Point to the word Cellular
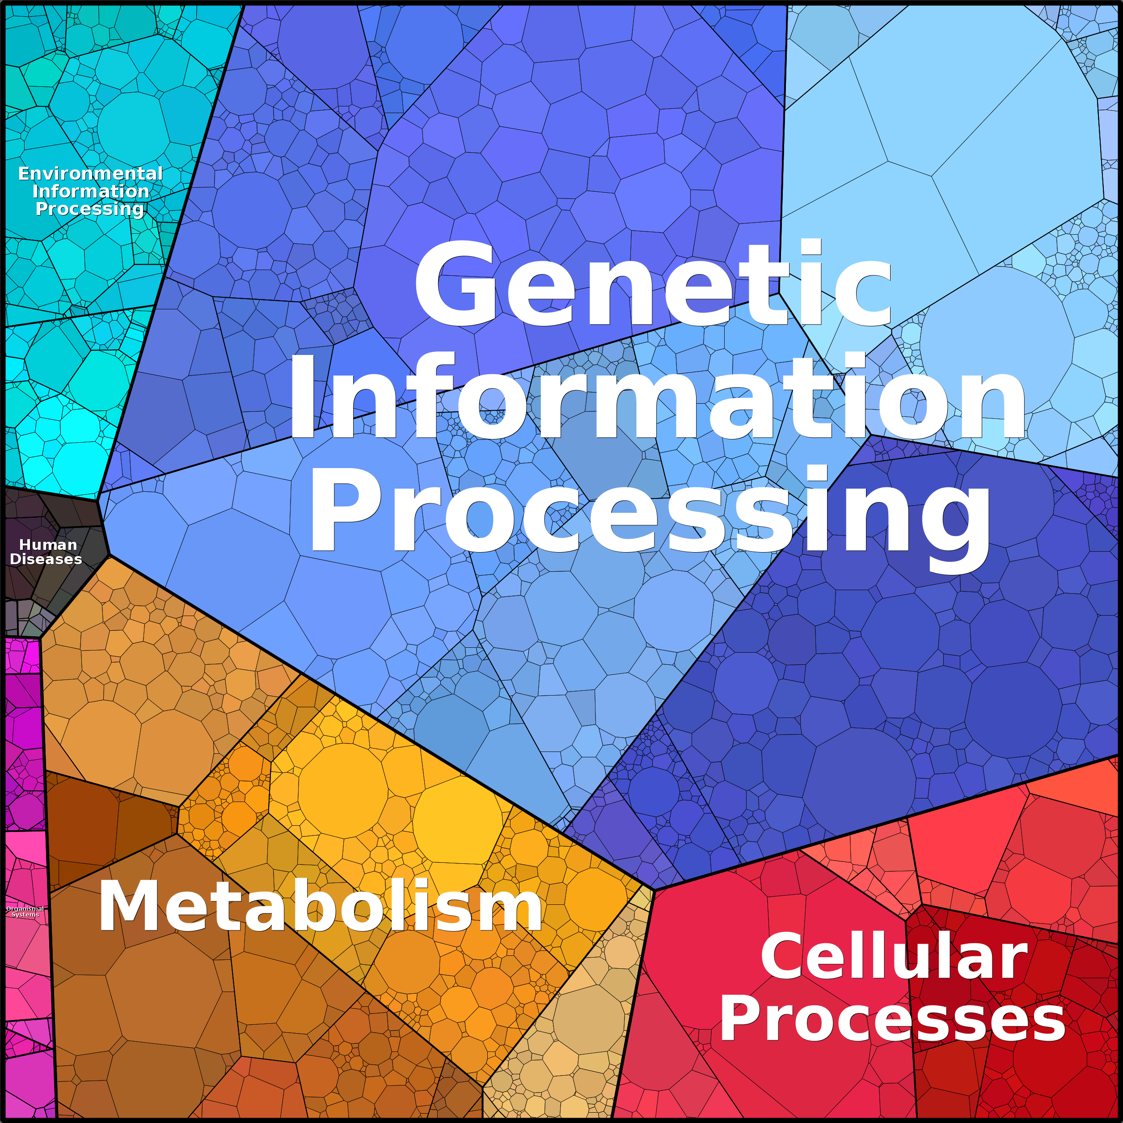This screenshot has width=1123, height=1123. [x=894, y=956]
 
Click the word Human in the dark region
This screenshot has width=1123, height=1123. [x=48, y=545]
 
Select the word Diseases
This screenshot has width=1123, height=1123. [x=46, y=559]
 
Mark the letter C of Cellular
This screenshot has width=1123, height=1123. [x=782, y=956]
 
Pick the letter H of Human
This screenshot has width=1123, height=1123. [x=25, y=545]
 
